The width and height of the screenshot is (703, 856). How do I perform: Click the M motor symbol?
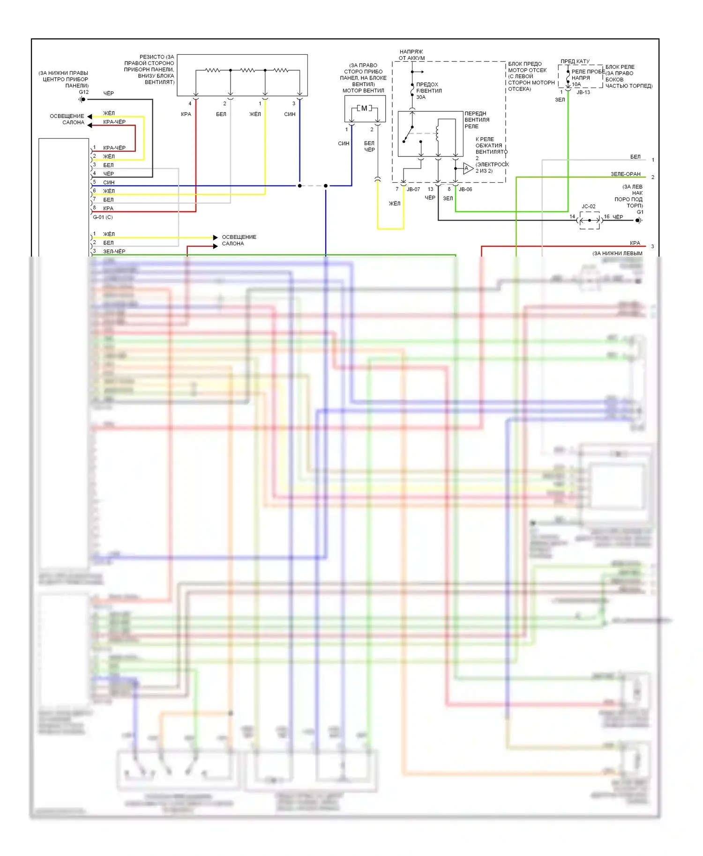coord(364,108)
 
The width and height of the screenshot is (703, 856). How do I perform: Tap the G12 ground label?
coord(83,92)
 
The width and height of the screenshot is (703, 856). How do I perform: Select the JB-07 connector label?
coord(413,190)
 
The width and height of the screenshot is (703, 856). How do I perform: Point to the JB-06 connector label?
coord(465,190)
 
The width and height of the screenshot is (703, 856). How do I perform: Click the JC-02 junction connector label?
coord(588,207)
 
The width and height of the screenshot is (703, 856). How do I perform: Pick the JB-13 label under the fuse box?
coord(583,93)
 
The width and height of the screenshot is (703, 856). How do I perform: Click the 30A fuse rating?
coord(421,97)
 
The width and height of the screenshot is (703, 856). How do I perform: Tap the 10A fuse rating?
coord(576,85)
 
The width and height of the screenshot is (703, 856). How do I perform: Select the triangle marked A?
coord(467,169)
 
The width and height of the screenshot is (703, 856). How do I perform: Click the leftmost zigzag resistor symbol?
coord(212,70)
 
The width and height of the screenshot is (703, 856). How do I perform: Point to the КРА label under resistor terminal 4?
coord(186,114)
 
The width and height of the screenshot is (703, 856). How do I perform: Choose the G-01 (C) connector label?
coord(103,217)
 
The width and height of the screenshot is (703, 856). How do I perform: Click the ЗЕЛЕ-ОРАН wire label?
coord(625,174)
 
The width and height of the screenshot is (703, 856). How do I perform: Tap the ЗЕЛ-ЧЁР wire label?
coord(114,251)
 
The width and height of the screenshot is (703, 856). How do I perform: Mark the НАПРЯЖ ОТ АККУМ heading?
coord(411,55)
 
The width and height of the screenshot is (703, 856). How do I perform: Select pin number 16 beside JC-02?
coord(606,217)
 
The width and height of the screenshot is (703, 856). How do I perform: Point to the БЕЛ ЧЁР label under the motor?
coord(369,147)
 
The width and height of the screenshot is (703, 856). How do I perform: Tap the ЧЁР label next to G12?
coord(108,94)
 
